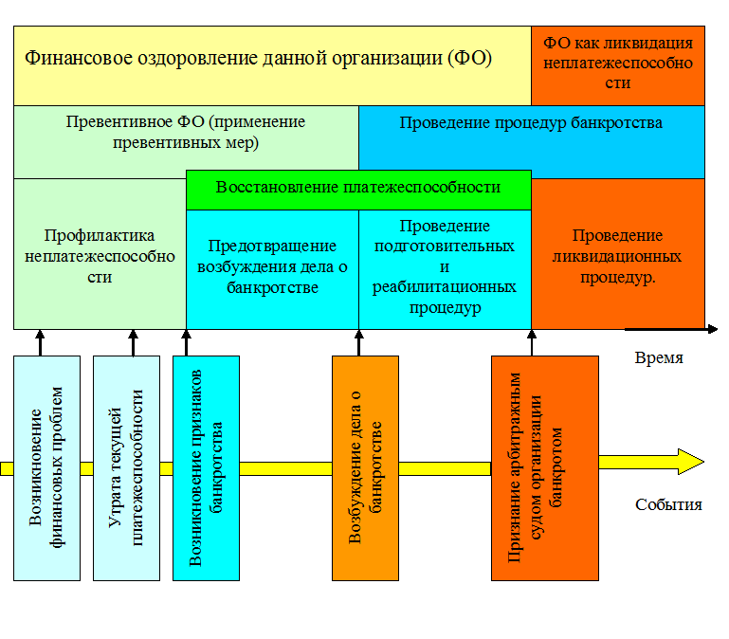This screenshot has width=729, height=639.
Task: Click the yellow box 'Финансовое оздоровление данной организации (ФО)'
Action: (272, 65)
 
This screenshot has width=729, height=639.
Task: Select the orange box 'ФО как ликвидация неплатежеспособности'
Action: (618, 65)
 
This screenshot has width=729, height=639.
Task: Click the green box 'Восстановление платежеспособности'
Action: (358, 190)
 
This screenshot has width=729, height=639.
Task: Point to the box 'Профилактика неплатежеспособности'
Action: (100, 254)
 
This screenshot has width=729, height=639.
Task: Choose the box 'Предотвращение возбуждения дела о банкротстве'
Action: (272, 270)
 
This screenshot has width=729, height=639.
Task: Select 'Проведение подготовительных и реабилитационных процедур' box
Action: (445, 270)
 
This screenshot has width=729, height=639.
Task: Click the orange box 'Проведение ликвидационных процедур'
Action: (618, 254)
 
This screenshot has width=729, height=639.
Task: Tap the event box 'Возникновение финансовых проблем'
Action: (47, 468)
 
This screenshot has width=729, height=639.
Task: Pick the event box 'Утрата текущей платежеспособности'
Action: (126, 468)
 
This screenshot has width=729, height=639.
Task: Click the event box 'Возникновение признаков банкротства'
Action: (206, 468)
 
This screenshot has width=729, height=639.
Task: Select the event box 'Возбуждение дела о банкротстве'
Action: (365, 468)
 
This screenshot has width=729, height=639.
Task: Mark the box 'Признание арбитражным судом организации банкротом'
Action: (545, 468)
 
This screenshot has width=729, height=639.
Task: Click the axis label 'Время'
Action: (659, 358)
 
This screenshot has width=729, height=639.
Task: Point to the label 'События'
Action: (668, 505)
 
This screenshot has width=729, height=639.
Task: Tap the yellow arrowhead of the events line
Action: (691, 462)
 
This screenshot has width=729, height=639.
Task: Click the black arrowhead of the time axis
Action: (713, 329)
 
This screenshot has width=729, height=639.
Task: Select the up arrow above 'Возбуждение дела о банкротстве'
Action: (359, 343)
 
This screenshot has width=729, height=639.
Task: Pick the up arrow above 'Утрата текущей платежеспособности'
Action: (133, 343)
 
